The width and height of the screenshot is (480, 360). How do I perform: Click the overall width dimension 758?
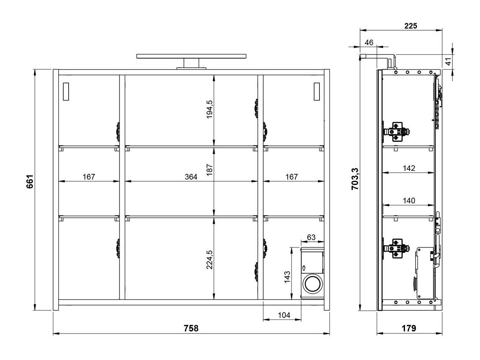(191, 328)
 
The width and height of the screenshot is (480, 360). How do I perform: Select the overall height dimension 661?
(30, 181)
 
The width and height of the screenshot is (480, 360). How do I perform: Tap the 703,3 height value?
(355, 179)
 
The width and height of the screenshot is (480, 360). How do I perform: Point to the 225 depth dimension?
(410, 26)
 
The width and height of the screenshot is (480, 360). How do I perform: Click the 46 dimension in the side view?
(369, 43)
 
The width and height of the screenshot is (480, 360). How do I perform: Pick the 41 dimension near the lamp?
(448, 61)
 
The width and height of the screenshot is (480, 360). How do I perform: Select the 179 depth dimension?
(409, 328)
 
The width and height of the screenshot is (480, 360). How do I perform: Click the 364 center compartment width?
(191, 177)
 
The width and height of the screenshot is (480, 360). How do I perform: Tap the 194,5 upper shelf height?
(210, 109)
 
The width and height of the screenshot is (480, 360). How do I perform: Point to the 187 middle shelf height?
(210, 170)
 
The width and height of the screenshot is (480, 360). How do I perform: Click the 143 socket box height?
(287, 277)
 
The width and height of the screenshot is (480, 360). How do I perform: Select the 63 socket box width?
(311, 237)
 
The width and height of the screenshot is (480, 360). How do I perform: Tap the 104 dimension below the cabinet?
(284, 315)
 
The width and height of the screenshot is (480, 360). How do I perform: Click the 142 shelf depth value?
(409, 168)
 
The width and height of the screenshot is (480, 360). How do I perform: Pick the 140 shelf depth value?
(409, 200)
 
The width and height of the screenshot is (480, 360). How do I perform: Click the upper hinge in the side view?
(396, 132)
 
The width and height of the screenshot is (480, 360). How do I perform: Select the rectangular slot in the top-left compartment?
(66, 92)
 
